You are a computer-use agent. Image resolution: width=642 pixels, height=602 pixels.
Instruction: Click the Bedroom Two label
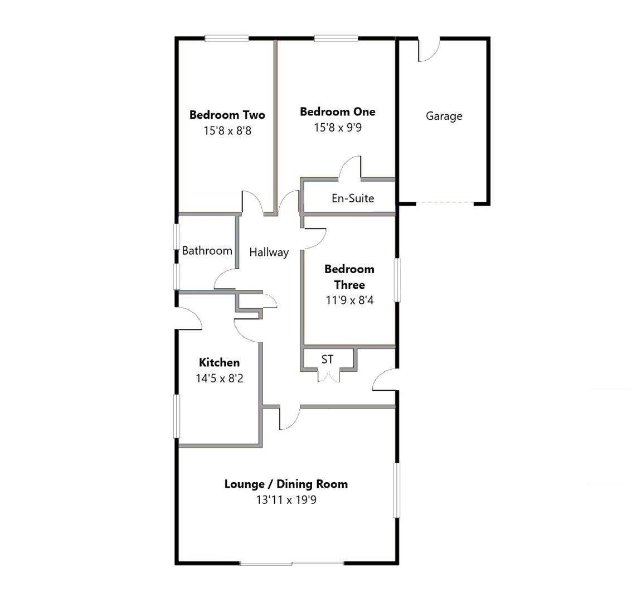click(227, 115)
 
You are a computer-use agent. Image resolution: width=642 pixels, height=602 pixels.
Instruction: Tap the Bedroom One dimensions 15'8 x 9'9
click(337, 128)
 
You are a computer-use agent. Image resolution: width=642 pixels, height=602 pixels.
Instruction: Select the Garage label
click(444, 116)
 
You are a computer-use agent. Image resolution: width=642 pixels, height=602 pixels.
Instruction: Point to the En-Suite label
click(352, 198)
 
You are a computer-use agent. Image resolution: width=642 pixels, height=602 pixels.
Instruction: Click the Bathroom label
click(207, 251)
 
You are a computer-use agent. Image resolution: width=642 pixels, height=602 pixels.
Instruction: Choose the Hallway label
click(269, 252)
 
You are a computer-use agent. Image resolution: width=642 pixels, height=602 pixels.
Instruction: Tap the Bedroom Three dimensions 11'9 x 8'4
click(349, 300)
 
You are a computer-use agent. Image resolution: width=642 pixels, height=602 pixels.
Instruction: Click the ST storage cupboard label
click(327, 360)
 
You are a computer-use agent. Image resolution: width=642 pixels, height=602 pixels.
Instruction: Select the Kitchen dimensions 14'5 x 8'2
click(219, 378)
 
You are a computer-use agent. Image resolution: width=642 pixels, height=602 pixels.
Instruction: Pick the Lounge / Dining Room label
click(286, 484)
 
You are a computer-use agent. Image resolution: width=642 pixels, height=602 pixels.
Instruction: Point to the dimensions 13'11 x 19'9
click(286, 500)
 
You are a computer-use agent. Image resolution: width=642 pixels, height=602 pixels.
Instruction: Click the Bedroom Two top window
click(226, 38)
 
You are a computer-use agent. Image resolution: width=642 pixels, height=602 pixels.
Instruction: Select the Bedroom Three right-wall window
click(397, 280)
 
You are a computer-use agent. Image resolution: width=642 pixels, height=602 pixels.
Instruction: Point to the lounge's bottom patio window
click(291, 564)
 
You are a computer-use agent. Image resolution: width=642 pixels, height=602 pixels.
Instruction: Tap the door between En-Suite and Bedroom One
click(350, 168)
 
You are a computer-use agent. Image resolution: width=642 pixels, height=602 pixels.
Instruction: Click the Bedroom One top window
click(336, 38)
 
